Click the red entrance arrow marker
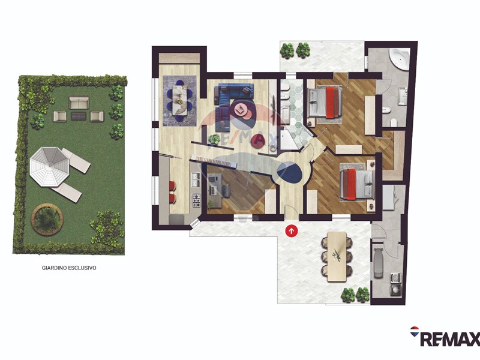coord(292,231)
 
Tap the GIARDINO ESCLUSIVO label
coord(69,268)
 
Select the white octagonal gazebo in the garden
coord(49,166)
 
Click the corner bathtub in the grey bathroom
coord(399,59)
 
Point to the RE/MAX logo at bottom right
coord(445,336)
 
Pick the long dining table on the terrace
coord(337,257)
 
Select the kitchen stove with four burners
coord(196,200)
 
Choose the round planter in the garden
coord(47,220)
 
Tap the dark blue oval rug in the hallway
coord(290,172)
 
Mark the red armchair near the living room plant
coord(258,141)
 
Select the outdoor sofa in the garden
coord(79,103)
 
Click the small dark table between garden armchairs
coord(79,116)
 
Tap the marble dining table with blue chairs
coord(179,100)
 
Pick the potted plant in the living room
coord(214,139)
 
